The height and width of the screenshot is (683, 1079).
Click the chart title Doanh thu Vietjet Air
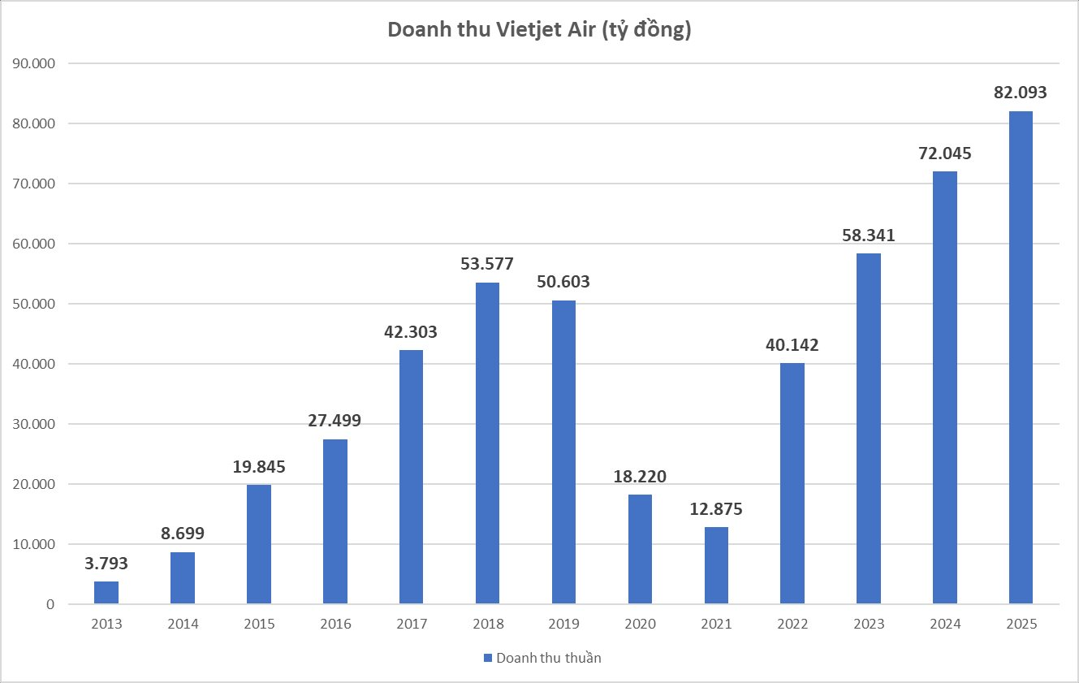pos(539,29)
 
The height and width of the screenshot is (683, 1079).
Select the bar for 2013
pos(106,593)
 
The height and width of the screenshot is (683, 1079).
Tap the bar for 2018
pos(487,443)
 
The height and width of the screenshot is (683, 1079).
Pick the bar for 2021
pos(716,565)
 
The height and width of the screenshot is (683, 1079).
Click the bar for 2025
pos(1021,357)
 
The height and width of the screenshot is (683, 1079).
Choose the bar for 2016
pos(335,521)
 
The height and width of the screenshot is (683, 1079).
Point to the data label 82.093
pos(1021,93)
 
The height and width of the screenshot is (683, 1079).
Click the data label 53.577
pos(487,264)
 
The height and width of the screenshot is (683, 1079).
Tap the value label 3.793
pos(106,563)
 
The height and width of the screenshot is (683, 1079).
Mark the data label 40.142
pos(792,344)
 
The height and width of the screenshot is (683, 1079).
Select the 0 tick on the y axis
pos(50,604)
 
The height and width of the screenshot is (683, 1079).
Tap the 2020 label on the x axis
pos(640,624)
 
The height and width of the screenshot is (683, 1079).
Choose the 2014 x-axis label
pos(183,624)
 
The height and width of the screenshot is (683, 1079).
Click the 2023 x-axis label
pos(868,624)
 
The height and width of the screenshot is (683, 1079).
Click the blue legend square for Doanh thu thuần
pos(488,658)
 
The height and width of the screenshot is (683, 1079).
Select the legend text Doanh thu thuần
pos(548,658)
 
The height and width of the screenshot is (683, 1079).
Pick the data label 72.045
pos(944,153)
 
